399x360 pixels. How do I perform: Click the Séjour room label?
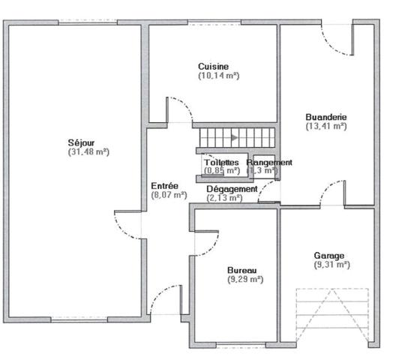88,142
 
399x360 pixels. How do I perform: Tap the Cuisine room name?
214,66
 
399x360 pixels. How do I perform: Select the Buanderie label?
326,117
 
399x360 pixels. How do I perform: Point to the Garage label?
329,255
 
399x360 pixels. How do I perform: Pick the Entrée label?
165,185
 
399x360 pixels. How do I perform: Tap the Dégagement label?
232,189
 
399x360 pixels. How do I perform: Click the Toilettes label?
221,162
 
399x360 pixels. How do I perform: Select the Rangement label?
269,162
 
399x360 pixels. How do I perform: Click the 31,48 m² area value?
88,151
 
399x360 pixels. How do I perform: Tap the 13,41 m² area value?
326,127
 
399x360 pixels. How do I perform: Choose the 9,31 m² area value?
329,265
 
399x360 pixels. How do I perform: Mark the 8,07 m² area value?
165,195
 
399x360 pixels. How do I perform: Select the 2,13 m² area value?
224,198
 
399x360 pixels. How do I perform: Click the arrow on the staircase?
235,138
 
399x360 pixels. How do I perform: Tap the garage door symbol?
332,315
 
